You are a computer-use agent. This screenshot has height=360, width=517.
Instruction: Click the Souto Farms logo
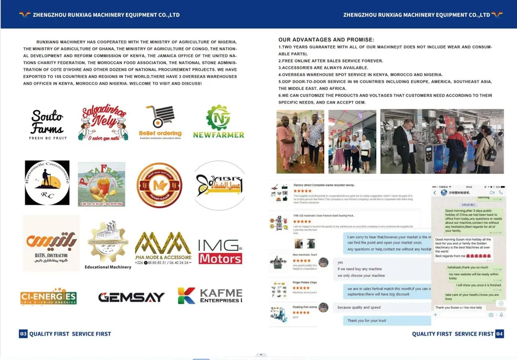(x=47, y=124)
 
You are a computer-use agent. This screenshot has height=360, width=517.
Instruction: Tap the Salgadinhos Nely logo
(x=103, y=123)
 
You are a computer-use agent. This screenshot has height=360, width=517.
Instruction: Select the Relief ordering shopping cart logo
(x=160, y=123)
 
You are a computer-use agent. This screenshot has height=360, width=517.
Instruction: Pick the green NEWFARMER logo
(x=218, y=122)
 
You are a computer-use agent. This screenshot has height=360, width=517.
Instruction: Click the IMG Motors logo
(x=220, y=251)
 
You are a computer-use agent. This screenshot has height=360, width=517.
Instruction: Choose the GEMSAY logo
(x=131, y=297)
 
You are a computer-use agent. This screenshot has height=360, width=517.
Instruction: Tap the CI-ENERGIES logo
(x=48, y=297)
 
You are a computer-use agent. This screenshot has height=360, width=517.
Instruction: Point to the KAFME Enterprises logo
(x=210, y=296)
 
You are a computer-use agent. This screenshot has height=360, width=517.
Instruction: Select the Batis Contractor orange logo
(x=51, y=243)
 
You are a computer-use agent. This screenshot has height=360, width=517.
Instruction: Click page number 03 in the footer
(x=23, y=334)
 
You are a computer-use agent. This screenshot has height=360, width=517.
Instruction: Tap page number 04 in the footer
(x=499, y=334)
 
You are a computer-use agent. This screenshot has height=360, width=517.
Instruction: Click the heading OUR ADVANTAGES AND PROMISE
(x=326, y=40)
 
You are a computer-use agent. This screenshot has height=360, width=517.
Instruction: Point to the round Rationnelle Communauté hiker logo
(x=47, y=183)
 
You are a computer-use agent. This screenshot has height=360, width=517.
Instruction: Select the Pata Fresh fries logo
(x=102, y=184)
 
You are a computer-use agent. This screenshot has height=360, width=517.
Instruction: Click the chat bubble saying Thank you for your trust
(x=366, y=320)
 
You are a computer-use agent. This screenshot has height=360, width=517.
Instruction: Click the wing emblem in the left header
(x=24, y=15)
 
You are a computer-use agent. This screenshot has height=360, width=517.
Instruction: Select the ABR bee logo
(x=218, y=185)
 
